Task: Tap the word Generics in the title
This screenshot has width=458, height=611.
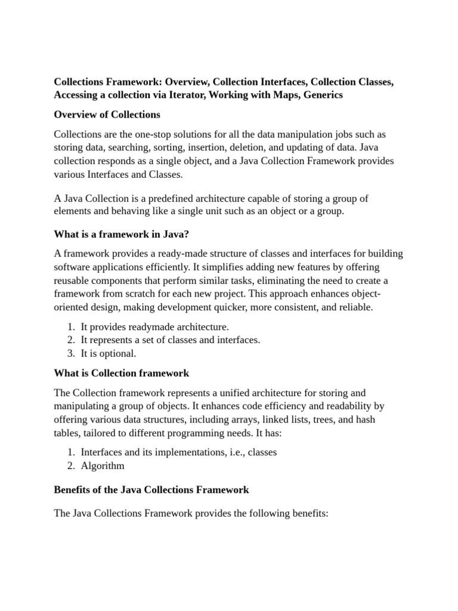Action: pyautogui.click(x=322, y=95)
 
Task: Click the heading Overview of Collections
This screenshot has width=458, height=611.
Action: pyautogui.click(x=107, y=115)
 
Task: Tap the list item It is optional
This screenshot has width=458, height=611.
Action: pyautogui.click(x=108, y=353)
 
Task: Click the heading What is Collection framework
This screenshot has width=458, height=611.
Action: pyautogui.click(x=122, y=374)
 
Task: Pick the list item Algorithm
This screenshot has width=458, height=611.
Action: pyautogui.click(x=103, y=465)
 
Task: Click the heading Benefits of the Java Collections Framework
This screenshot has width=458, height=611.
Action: pyautogui.click(x=151, y=490)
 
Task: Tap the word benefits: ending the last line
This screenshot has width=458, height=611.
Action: pyautogui.click(x=307, y=513)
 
